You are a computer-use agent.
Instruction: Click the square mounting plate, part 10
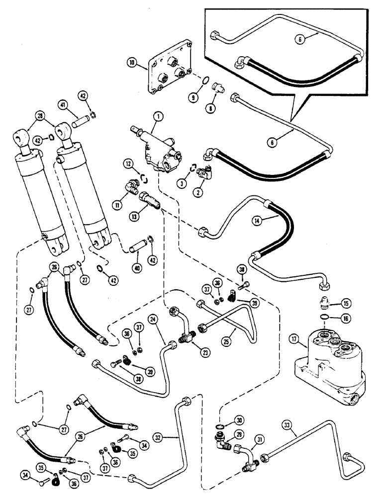pyautogui.click(x=164, y=72)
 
